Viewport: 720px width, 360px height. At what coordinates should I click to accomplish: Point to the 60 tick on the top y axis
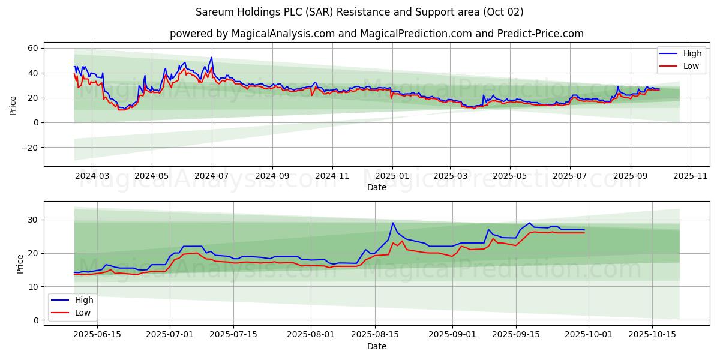pyautogui.click(x=34, y=48)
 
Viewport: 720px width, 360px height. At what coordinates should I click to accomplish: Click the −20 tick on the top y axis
pyautogui.click(x=31, y=148)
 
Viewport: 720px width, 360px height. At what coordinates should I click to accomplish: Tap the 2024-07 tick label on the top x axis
pyautogui.click(x=211, y=176)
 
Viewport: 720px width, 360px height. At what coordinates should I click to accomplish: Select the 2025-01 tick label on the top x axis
pyautogui.click(x=392, y=176)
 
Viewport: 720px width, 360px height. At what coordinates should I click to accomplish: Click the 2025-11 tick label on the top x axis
pyautogui.click(x=691, y=176)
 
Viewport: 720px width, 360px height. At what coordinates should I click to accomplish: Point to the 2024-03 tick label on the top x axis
pyautogui.click(x=92, y=176)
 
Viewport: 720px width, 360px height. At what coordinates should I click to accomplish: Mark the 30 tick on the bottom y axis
pyautogui.click(x=34, y=220)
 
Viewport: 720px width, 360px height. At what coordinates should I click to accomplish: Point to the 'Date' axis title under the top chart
pyautogui.click(x=376, y=187)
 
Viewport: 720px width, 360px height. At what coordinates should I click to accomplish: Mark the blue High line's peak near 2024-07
pyautogui.click(x=211, y=58)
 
